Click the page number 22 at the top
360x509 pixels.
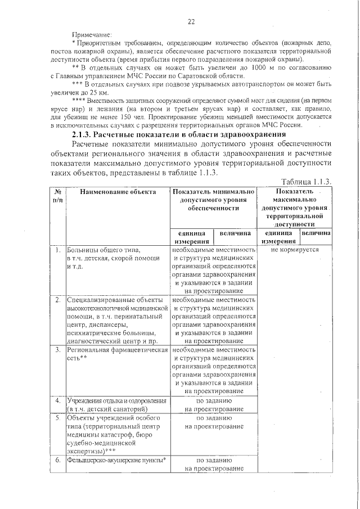tap(191, 22)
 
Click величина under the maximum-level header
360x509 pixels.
tap(316, 233)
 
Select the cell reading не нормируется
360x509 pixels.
tap(295, 250)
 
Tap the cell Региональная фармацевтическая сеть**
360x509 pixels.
tap(118, 353)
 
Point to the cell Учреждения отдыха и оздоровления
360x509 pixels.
tap(116, 404)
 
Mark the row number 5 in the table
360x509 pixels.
tap(58, 418)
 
